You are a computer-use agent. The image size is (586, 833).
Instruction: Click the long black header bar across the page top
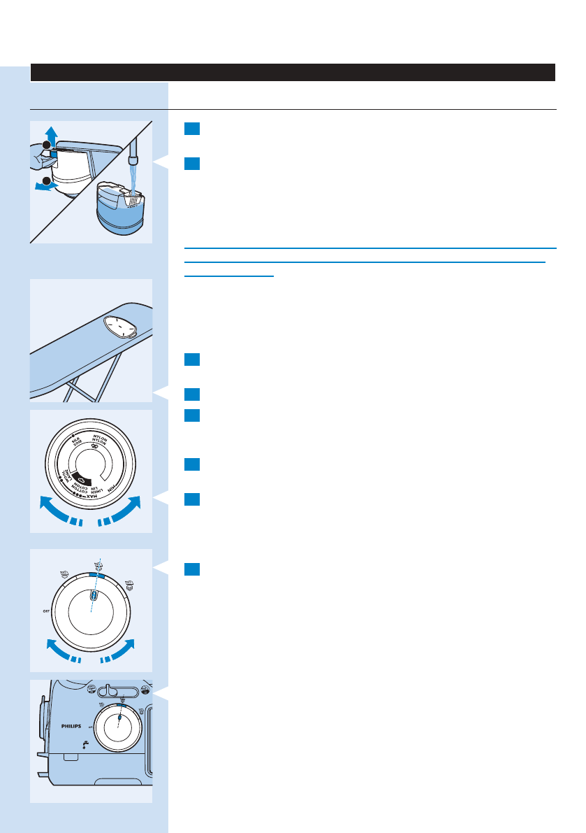tap(293, 72)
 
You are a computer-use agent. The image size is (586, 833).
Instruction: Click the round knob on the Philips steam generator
tap(119, 725)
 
